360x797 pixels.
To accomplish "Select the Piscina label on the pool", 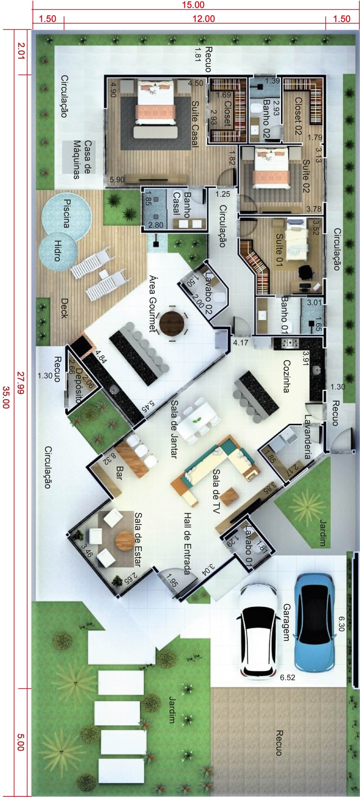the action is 66,214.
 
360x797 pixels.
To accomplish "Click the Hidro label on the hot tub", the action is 57,250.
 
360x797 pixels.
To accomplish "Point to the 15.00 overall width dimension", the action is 193,5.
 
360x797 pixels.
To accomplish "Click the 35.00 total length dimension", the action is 6,397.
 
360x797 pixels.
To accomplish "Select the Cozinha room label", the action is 287,376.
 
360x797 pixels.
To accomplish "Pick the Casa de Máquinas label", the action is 83,160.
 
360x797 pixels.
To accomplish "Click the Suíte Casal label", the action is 195,124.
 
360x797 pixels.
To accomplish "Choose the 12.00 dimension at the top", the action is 203,19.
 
